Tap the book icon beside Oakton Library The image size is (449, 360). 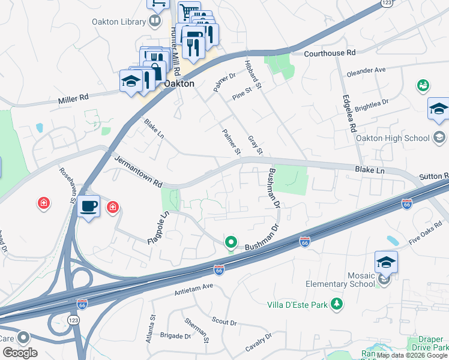click(x=155, y=22)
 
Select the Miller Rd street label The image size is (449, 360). click(x=73, y=97)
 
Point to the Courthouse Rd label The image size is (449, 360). click(x=330, y=53)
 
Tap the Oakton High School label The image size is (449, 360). click(x=401, y=138)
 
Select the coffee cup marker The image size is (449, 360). click(x=89, y=206)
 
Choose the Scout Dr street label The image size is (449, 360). click(x=225, y=322)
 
